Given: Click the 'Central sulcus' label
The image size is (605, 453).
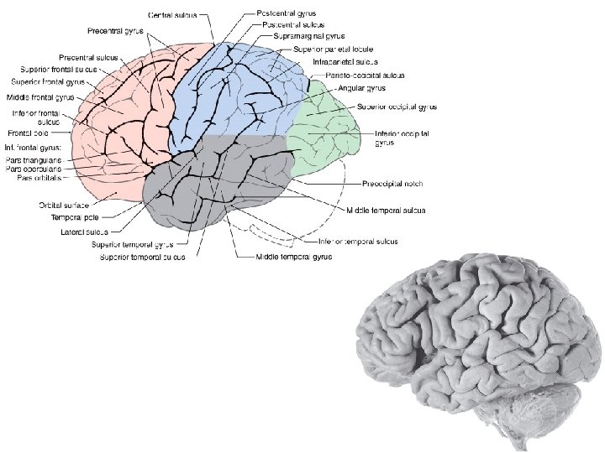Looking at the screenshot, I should tap(173, 15).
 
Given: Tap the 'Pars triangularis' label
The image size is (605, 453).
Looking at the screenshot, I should tap(34, 160).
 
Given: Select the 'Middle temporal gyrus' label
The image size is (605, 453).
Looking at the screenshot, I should tap(294, 256).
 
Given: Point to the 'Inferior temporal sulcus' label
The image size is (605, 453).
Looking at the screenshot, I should tap(357, 242).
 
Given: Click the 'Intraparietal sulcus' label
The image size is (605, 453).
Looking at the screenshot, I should tap(345, 62).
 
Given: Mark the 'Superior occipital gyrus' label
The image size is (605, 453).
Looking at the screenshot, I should tap(397, 107).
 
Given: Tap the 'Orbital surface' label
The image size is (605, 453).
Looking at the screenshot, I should tap(65, 204).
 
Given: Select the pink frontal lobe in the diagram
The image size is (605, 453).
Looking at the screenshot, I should tap(118, 126).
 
